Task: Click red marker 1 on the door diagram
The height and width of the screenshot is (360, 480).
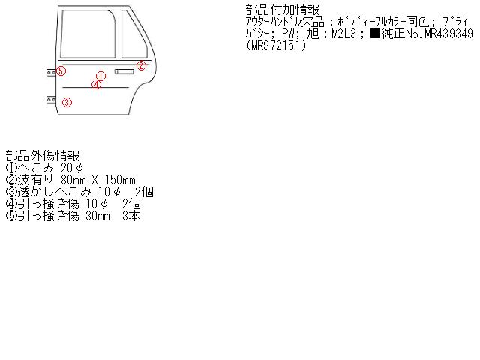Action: (x=100, y=76)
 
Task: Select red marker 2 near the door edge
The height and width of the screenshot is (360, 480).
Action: (x=141, y=65)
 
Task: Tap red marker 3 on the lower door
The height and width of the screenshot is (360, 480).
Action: (x=66, y=102)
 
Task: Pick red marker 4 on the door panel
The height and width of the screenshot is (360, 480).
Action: (x=96, y=84)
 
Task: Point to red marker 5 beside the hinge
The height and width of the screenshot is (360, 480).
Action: (x=61, y=71)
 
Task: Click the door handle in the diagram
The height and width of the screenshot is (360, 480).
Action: (x=124, y=71)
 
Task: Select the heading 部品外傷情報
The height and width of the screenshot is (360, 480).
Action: (x=43, y=155)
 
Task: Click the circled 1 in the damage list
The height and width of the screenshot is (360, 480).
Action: (x=11, y=168)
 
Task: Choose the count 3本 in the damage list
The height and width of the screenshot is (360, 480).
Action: (x=130, y=216)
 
